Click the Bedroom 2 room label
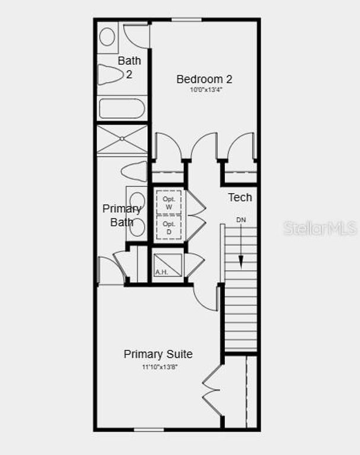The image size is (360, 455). point(204,79)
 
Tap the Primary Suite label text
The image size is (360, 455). point(158,354)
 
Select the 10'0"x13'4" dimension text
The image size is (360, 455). point(205,90)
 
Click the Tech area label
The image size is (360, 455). point(240,197)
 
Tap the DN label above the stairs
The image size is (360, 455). point(241,220)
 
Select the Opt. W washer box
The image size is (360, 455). point(168,203)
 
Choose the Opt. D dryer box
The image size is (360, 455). point(168,227)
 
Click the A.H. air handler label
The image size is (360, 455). point(161,272)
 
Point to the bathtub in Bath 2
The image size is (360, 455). point(122,109)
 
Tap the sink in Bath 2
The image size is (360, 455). point(107,37)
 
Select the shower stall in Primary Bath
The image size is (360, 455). point(122,139)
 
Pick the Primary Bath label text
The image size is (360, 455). point(122,216)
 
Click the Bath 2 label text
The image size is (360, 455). point(129,67)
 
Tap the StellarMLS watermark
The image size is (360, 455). point(320,228)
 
